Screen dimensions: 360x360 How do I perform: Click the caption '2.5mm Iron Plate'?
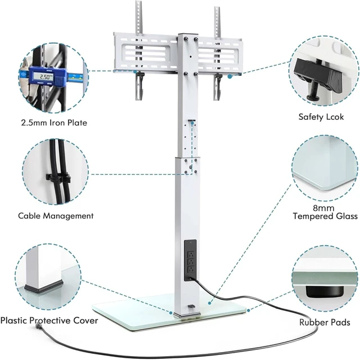(54, 123)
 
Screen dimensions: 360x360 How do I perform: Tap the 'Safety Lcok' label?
(321, 117)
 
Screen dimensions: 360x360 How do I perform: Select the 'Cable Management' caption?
(56, 216)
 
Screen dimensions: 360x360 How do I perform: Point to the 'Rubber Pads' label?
(325, 322)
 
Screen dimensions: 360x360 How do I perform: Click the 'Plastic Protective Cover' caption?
(49, 321)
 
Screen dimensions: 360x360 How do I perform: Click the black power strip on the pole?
(190, 260)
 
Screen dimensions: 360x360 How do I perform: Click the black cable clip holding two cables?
(58, 178)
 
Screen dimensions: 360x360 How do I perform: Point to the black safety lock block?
(318, 74)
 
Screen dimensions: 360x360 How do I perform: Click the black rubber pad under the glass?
(324, 291)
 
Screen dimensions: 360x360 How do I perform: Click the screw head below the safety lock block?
(314, 97)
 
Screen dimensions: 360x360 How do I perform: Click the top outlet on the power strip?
(190, 254)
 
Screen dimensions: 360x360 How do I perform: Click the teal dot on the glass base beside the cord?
(209, 303)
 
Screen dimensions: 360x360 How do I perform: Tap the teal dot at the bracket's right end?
(229, 76)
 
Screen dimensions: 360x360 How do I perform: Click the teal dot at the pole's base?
(171, 313)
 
